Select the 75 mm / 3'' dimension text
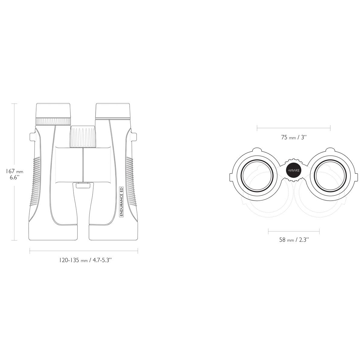pos(294,138)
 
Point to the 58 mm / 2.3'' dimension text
pos(294,240)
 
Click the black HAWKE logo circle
pos(294,170)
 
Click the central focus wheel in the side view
pos(83,136)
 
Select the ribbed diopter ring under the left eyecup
pos(53,121)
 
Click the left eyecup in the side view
pos(53,111)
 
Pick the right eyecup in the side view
pos(113,111)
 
